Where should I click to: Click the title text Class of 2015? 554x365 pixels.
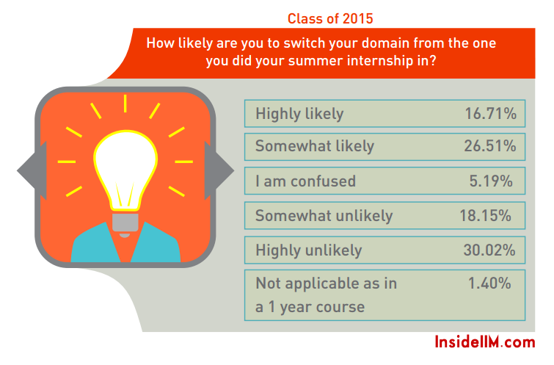point(330,18)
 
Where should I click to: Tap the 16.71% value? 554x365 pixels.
point(490,114)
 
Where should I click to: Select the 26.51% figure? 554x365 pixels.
point(490,145)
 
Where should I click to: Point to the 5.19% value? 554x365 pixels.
point(491,181)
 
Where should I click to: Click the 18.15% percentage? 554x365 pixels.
point(486,215)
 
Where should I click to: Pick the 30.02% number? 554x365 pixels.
point(489,250)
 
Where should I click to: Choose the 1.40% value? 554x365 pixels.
point(489,283)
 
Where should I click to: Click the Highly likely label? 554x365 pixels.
point(299,115)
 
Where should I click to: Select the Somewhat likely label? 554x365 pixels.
point(315,145)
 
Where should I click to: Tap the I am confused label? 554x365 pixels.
point(305,181)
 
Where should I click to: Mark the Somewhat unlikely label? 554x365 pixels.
point(324,216)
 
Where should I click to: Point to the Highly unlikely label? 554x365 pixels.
point(308,250)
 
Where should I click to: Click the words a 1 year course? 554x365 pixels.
point(310,307)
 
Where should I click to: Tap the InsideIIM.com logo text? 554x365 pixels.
point(485,342)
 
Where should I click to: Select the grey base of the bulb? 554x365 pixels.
point(125,223)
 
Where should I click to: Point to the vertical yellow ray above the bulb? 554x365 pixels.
point(125,104)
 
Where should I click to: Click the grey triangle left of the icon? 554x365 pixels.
point(32,170)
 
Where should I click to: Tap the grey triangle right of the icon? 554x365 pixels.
point(219,170)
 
